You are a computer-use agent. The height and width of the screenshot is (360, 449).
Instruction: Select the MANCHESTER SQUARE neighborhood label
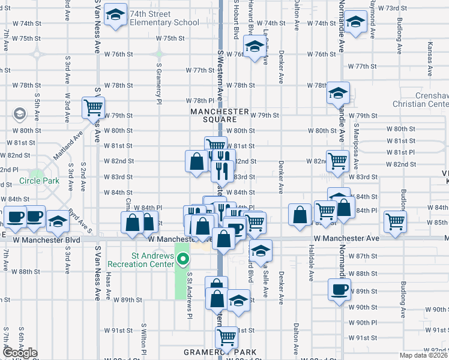pos(219,115)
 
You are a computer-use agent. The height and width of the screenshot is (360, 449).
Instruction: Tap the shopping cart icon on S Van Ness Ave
pos(93,108)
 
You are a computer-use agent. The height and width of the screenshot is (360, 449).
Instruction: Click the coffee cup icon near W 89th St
pos(339,290)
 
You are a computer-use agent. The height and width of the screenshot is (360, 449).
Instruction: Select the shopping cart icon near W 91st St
pos(226,337)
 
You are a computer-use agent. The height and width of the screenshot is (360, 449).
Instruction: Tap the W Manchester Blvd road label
pos(43,239)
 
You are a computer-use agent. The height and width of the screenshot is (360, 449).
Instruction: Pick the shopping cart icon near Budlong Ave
pos(396,221)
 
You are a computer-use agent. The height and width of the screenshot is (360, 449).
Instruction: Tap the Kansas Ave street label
pos(429,59)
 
